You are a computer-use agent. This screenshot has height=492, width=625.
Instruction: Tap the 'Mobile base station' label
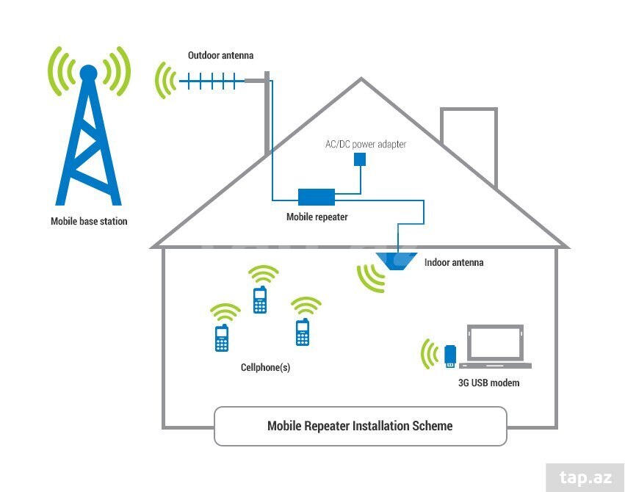pos(89,221)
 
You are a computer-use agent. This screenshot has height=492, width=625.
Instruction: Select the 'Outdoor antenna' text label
pos(220,55)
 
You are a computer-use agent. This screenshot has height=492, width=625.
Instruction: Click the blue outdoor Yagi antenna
pos(212,82)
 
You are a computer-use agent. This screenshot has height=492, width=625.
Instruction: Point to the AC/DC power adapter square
pos(360,159)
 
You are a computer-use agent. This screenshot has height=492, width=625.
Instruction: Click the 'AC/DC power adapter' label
pos(366,144)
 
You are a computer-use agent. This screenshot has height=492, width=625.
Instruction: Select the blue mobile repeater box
pos(317,197)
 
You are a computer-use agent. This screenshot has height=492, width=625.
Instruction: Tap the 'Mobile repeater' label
pos(317,217)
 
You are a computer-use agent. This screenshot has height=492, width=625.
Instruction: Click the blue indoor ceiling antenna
pos(396,261)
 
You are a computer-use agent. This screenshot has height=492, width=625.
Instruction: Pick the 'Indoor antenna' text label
pos(454,263)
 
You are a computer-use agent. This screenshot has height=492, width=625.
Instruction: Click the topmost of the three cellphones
pos(260,300)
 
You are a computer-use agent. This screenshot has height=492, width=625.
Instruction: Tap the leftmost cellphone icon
pos(222,338)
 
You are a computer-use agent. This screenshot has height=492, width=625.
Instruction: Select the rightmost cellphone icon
pos(303,332)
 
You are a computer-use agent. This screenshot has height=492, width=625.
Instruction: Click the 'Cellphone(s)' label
pos(265,367)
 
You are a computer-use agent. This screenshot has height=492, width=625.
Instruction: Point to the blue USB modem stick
pos(450,356)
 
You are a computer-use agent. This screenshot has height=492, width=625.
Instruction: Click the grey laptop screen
pos(495,343)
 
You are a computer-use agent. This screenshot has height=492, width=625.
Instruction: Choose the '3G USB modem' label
pos(488,383)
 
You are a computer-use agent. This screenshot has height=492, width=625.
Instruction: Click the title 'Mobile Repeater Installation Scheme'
pos(360,426)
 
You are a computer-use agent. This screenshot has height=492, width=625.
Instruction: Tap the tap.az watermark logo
pos(585,477)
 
